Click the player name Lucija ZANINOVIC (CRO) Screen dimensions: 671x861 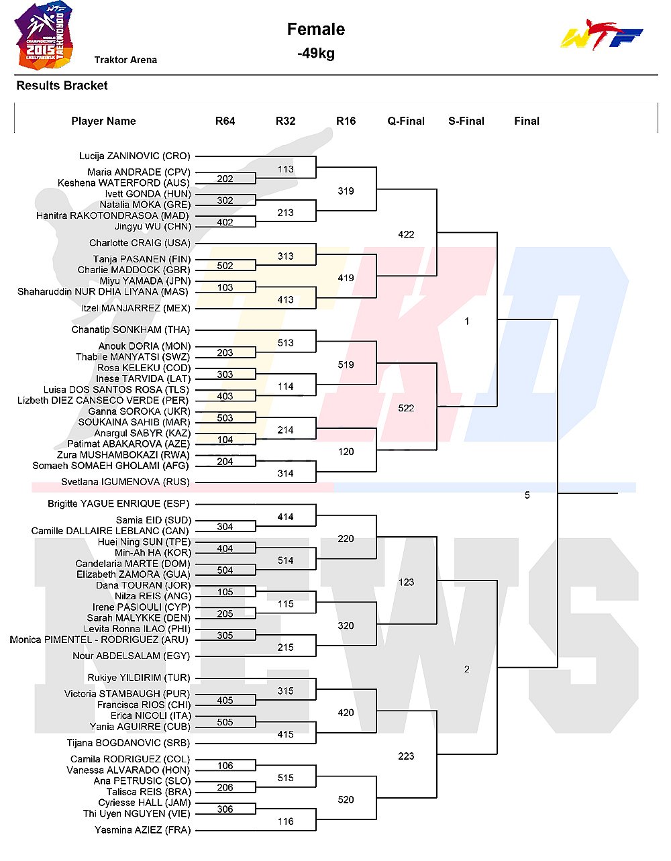(x=135, y=156)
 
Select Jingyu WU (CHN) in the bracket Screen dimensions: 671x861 (x=153, y=227)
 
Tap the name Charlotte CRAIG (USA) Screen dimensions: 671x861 (x=140, y=243)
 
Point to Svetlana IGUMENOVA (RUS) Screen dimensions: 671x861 (x=125, y=482)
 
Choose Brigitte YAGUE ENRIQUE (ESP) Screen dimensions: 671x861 (x=119, y=503)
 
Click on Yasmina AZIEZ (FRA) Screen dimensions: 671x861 (x=143, y=829)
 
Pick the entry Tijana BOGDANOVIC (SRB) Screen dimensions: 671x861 (x=128, y=743)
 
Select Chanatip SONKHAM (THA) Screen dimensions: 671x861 (x=131, y=330)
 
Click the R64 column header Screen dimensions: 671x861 (x=225, y=121)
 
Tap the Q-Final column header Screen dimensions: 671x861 (x=405, y=121)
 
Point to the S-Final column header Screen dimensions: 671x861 (x=466, y=121)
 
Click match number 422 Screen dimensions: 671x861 (x=406, y=235)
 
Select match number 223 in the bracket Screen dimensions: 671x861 (x=406, y=756)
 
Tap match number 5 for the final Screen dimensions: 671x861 (x=527, y=495)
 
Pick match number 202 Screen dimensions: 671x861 (x=225, y=179)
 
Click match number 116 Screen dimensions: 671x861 (x=286, y=821)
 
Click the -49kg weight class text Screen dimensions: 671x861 (x=316, y=53)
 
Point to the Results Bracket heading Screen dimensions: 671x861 (x=62, y=86)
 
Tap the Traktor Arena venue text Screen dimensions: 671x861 (x=125, y=60)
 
